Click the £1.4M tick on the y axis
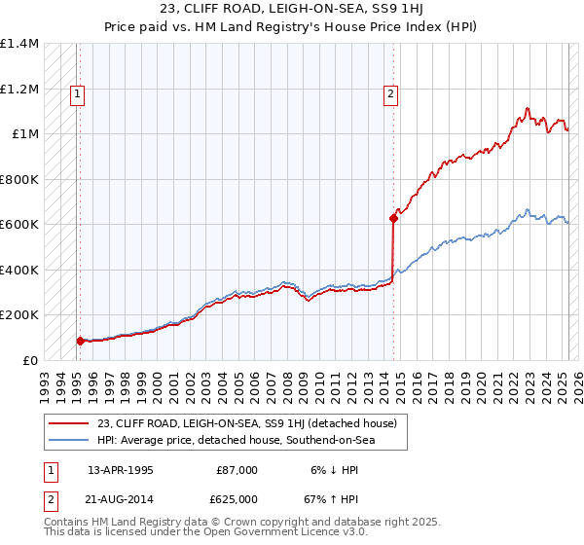(x=19, y=44)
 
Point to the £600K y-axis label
(x=19, y=225)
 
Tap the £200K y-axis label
(x=19, y=315)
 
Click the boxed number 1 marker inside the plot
(x=77, y=94)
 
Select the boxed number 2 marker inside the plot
(x=390, y=94)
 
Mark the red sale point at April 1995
(x=80, y=341)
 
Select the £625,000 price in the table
(x=237, y=499)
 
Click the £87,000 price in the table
(x=237, y=470)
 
